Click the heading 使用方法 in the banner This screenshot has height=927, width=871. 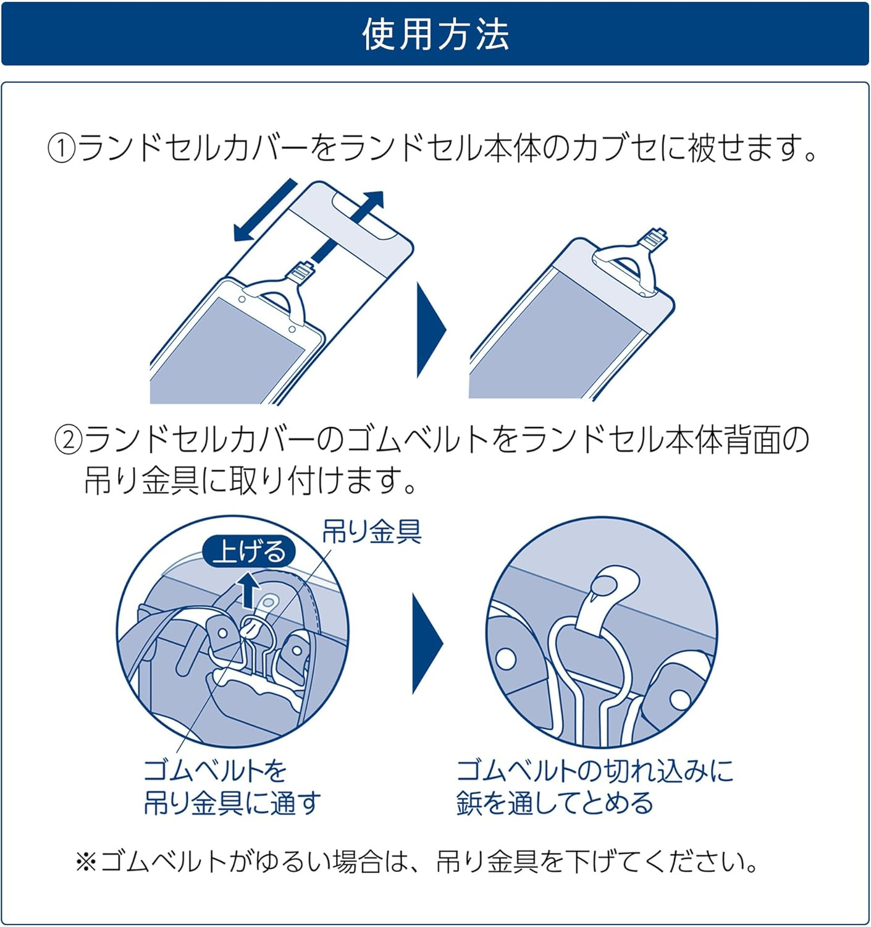435,35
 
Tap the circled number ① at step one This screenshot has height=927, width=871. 62,149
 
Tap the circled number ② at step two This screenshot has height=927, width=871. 69,440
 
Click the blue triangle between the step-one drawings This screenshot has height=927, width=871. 431,329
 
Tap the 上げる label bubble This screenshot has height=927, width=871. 249,551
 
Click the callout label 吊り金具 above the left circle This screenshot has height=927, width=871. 372,531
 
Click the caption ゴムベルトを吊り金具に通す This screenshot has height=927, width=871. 232,787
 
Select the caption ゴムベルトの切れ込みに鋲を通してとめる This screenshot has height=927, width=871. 594,787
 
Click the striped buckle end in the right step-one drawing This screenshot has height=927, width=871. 655,238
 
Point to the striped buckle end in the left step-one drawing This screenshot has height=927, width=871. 301,271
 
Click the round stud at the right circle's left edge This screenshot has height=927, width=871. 507,659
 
